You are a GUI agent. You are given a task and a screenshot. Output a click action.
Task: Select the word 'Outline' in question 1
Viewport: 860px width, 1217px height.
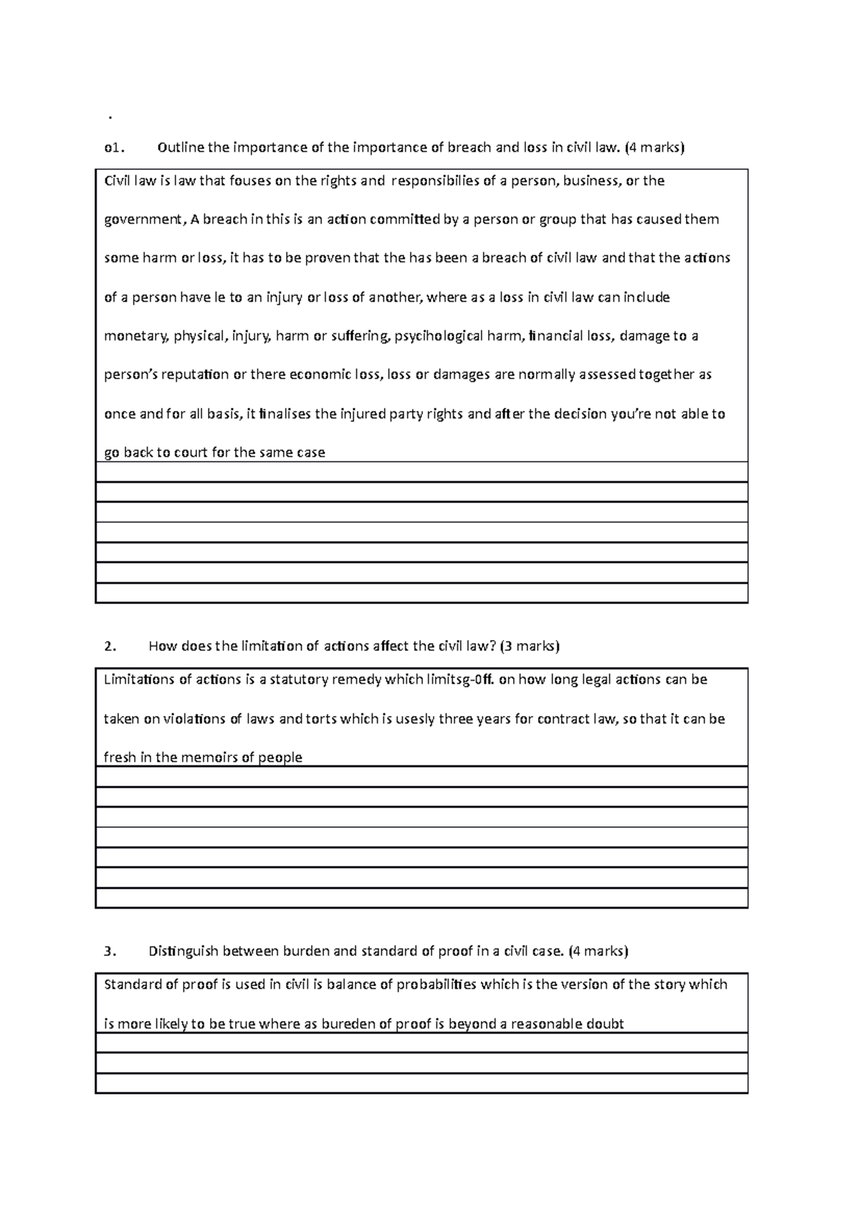pos(181,148)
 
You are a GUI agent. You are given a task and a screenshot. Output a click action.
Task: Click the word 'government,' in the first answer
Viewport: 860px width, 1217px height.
pos(145,220)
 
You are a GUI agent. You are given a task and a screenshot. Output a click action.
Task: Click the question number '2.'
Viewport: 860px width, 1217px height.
pos(109,646)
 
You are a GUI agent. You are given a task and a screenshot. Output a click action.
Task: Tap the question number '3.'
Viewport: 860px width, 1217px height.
pos(109,952)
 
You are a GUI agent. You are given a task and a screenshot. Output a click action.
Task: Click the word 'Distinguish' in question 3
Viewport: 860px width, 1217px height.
pos(183,952)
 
